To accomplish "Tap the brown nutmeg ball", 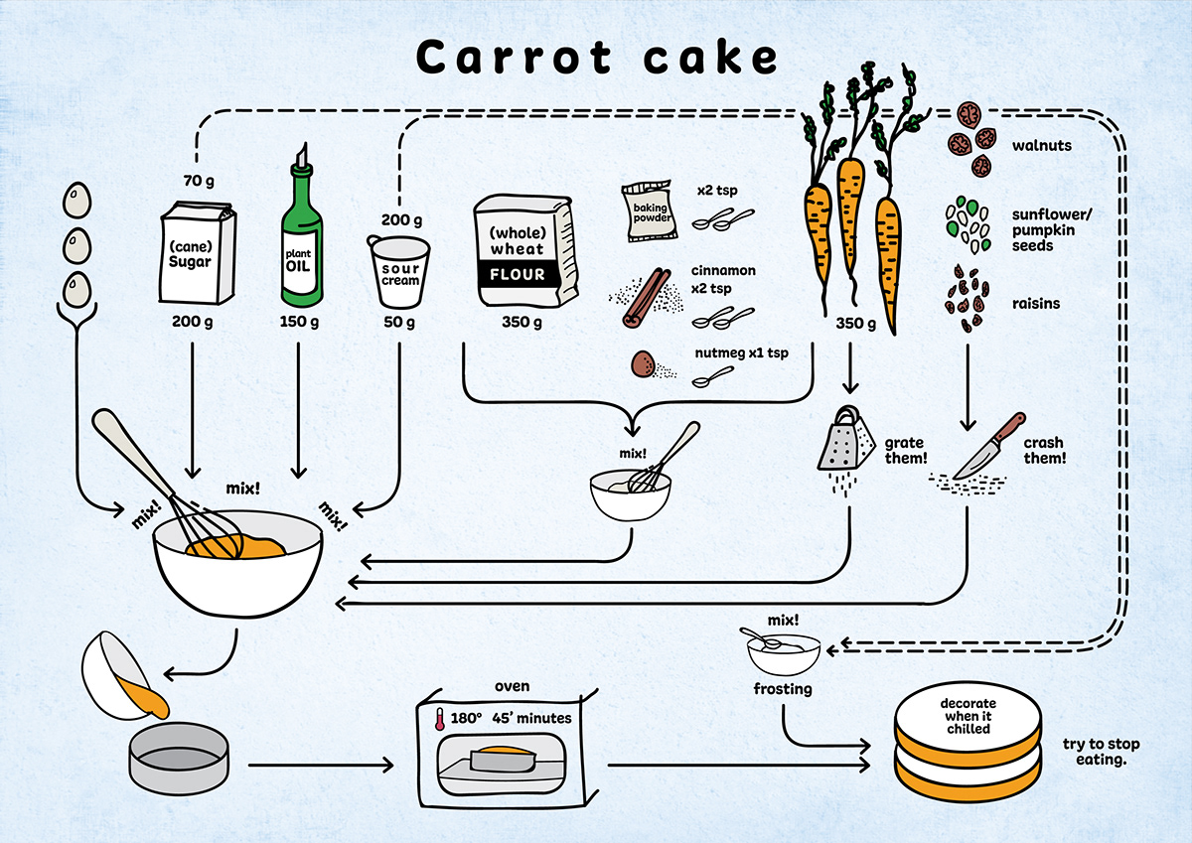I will [644, 366].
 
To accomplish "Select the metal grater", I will [841, 441].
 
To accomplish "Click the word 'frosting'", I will [783, 688].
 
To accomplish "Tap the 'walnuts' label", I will [1041, 146].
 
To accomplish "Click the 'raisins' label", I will [1036, 303].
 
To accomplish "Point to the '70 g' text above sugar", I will [200, 181].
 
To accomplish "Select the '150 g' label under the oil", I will [299, 322].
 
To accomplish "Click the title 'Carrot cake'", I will [596, 58].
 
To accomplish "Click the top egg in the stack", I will [76, 203].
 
